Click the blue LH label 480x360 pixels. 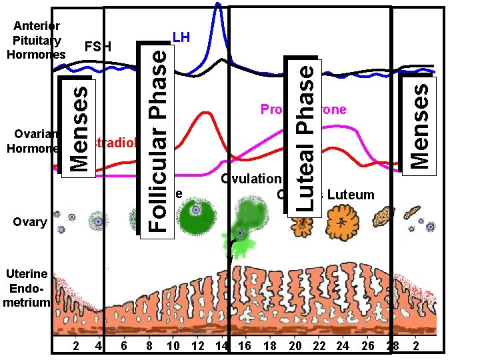point(181,37)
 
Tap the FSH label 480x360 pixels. point(98,47)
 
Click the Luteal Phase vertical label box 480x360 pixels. point(305,137)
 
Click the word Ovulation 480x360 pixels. point(251,179)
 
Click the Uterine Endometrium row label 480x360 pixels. point(26,288)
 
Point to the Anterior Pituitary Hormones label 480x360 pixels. point(36,40)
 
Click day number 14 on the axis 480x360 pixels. point(222,346)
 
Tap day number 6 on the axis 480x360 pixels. point(124,346)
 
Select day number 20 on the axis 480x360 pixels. point(295,346)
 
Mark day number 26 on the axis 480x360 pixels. point(367,346)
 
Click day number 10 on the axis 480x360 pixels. point(173,346)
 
